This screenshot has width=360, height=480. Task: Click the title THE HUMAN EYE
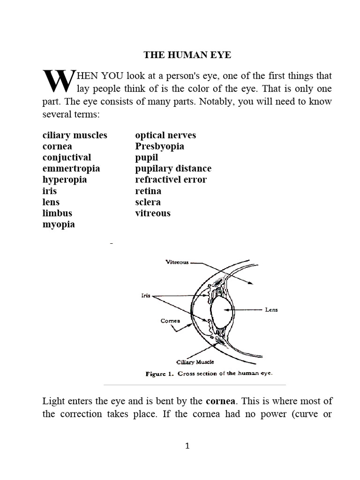point(187,55)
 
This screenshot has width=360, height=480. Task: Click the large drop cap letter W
point(58,82)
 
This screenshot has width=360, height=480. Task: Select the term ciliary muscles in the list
point(75,135)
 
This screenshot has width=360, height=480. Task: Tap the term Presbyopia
point(159,146)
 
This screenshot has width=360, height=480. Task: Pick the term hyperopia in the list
point(65,180)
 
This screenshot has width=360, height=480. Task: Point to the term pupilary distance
point(173,168)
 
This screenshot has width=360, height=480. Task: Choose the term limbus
point(57,213)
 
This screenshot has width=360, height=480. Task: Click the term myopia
point(59,225)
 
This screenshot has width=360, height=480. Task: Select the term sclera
point(148,202)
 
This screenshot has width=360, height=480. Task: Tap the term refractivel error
point(171,180)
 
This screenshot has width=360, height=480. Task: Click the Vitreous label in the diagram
point(177,262)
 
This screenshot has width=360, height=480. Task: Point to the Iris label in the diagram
point(145,296)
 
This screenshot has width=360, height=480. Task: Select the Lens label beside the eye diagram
point(271,310)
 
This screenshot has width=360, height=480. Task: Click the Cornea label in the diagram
point(170,321)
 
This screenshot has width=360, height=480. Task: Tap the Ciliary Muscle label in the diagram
point(195,362)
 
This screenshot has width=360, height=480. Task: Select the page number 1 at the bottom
point(187,446)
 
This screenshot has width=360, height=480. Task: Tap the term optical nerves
point(165,135)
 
